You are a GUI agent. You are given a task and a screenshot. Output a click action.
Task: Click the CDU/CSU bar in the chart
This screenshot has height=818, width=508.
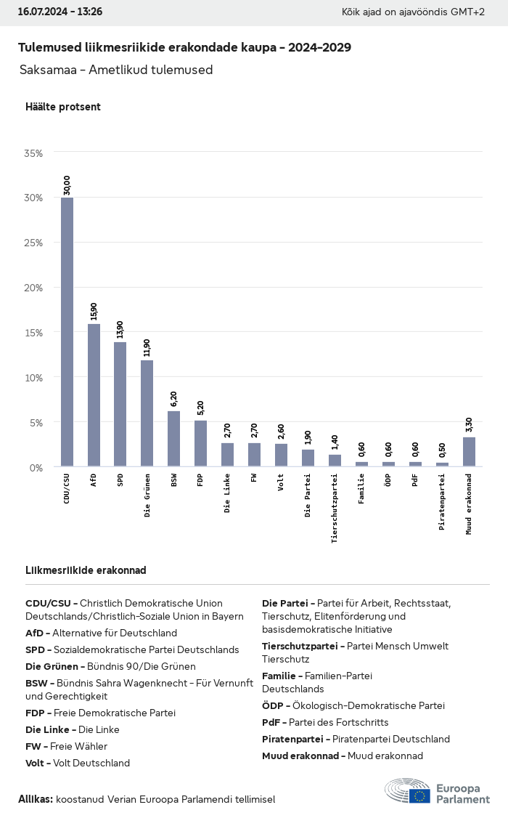click(67, 332)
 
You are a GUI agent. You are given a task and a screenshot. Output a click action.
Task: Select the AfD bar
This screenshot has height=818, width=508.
click(94, 395)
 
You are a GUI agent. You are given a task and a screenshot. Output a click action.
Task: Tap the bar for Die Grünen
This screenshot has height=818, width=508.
click(147, 413)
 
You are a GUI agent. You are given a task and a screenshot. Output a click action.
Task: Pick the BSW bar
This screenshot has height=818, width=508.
click(174, 439)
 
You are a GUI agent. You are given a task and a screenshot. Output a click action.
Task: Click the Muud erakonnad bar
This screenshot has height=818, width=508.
click(469, 452)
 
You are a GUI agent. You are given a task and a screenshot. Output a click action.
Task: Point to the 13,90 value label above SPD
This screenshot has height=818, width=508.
click(120, 330)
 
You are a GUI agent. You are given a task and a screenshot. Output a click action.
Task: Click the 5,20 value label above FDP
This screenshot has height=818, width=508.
click(200, 408)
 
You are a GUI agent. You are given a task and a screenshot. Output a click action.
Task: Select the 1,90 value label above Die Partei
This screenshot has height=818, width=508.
click(308, 437)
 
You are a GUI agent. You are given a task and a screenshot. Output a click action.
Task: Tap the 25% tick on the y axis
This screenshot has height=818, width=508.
click(33, 243)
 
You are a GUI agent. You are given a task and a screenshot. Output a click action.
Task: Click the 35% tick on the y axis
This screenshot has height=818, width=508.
click(33, 153)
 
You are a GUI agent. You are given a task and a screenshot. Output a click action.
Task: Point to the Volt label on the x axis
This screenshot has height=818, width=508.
click(281, 482)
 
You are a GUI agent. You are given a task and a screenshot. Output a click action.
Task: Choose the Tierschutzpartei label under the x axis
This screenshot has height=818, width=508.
click(335, 508)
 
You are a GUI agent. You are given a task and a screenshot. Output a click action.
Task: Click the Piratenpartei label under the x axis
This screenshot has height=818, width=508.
click(442, 502)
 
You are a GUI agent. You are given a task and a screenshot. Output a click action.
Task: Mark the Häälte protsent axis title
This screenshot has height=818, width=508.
click(63, 107)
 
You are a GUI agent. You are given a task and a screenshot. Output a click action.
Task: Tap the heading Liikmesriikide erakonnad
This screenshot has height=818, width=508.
click(86, 570)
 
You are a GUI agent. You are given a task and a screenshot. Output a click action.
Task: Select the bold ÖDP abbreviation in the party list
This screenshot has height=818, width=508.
click(272, 705)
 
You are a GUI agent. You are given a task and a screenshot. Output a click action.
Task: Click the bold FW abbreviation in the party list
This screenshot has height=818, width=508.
click(33, 747)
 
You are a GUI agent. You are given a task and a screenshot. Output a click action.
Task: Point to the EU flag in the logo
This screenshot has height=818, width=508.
click(419, 795)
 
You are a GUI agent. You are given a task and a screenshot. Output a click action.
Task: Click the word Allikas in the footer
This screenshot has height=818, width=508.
click(36, 799)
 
